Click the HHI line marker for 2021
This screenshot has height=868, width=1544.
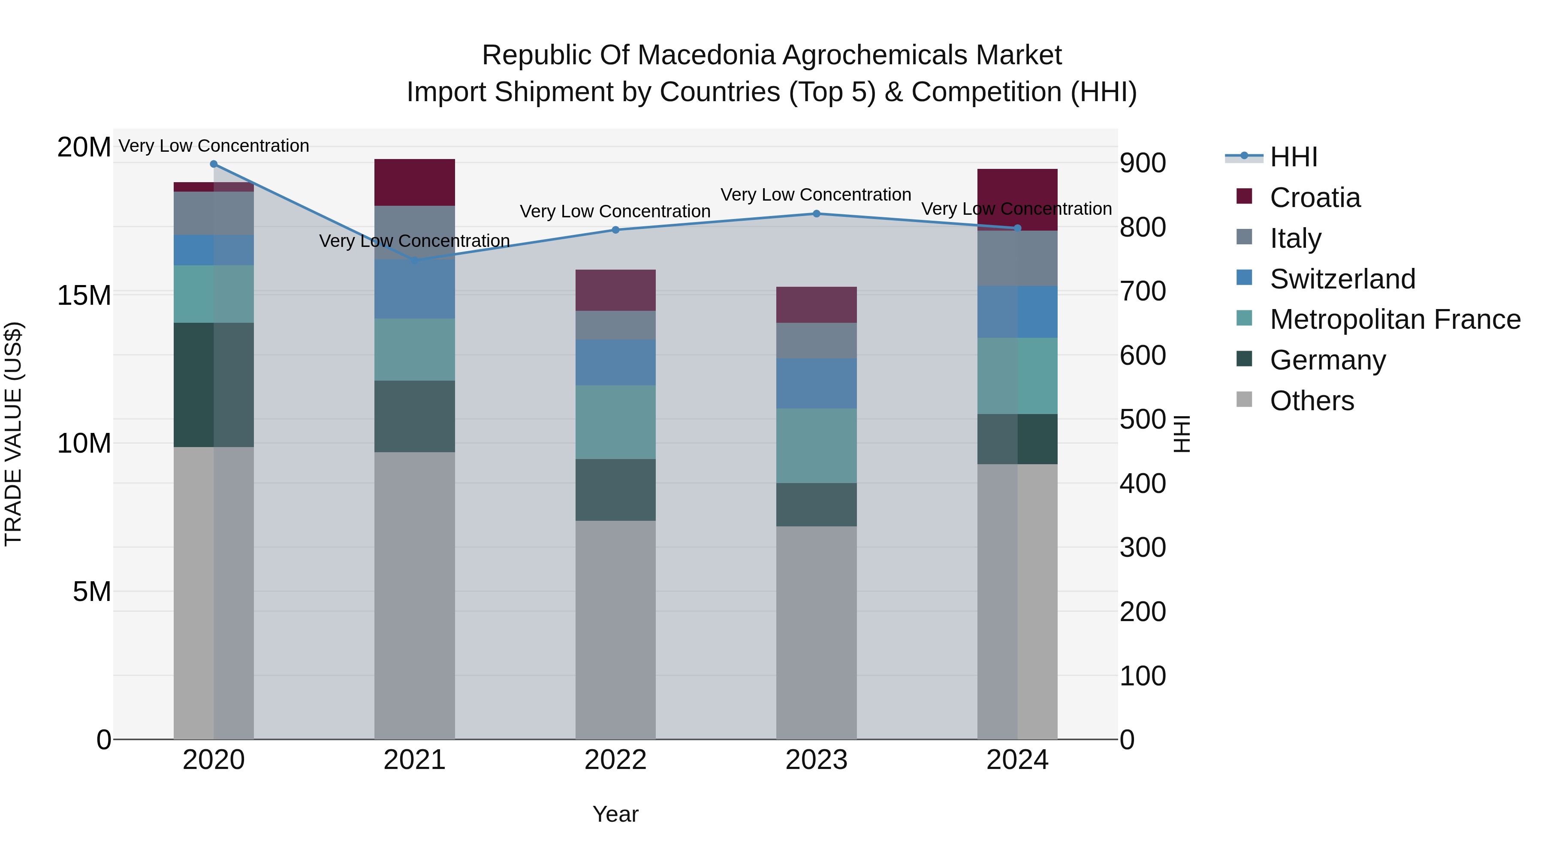(414, 261)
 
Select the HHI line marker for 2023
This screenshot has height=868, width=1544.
(816, 214)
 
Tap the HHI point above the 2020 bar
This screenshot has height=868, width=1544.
(214, 164)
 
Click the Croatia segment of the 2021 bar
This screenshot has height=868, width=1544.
(414, 182)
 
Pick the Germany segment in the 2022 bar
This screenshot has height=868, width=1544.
(615, 490)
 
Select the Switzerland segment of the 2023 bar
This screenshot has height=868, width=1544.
(816, 383)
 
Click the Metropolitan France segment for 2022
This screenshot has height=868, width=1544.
(615, 422)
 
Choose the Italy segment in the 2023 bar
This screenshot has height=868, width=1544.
(816, 340)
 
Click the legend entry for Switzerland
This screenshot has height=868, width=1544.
(1342, 279)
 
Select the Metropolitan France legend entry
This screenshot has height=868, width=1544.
(1394, 320)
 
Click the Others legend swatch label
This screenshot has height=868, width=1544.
(1312, 401)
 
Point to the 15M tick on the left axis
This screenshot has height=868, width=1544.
(84, 295)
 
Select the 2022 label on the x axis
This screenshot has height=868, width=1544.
(615, 760)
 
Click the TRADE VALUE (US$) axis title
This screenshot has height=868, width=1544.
(13, 434)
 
